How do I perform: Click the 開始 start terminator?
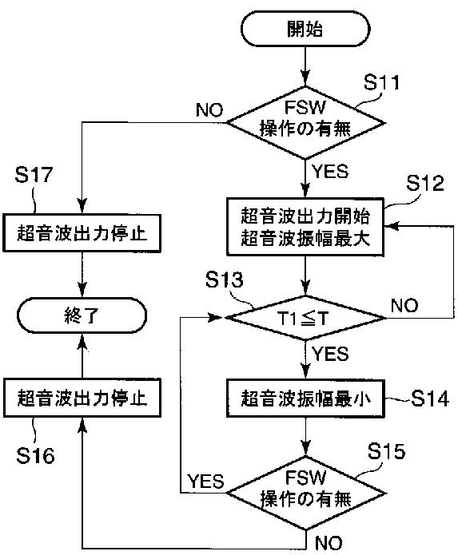pyautogui.click(x=305, y=29)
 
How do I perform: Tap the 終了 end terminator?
pyautogui.click(x=82, y=315)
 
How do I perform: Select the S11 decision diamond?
pyautogui.click(x=305, y=123)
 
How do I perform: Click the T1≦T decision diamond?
pyautogui.click(x=305, y=318)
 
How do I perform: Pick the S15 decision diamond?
pyautogui.click(x=305, y=493)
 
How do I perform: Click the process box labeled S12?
pyautogui.click(x=305, y=227)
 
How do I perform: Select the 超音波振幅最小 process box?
pyautogui.click(x=305, y=398)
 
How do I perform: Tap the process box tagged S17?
pyautogui.click(x=82, y=233)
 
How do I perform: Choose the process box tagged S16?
pyautogui.click(x=82, y=398)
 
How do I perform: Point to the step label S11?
pyautogui.click(x=381, y=82)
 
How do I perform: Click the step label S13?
pyautogui.click(x=225, y=279)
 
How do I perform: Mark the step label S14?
pyautogui.click(x=430, y=398)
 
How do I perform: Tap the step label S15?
pyautogui.click(x=386, y=451)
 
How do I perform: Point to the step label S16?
pyautogui.click(x=35, y=455)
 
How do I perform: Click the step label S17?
pyautogui.click(x=34, y=175)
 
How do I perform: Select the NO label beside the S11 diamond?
pyautogui.click(x=209, y=110)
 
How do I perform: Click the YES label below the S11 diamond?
pyautogui.click(x=330, y=172)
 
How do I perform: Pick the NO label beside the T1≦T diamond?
pyautogui.click(x=404, y=305)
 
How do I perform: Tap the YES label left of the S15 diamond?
pyautogui.click(x=205, y=482)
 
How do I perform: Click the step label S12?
pyautogui.click(x=424, y=184)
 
